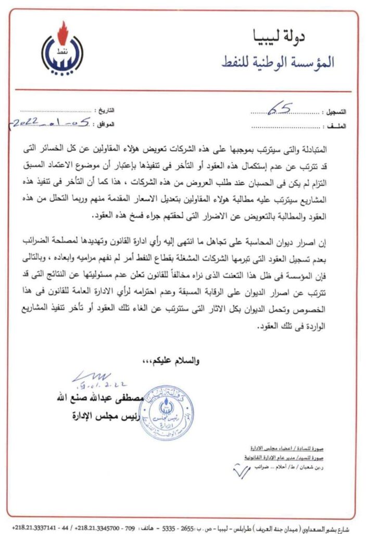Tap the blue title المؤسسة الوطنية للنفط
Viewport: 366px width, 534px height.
tap(279, 62)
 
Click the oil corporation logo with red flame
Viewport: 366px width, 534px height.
tap(62, 48)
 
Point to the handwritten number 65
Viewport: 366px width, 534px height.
tap(279, 109)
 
